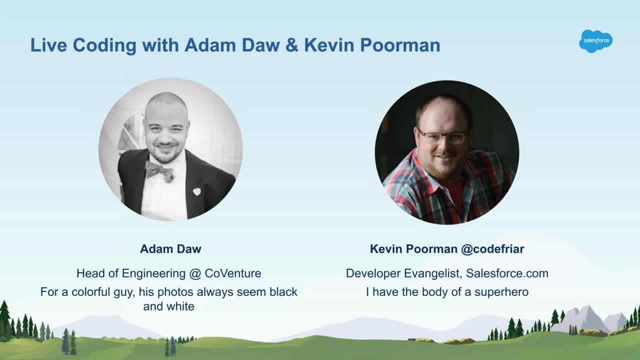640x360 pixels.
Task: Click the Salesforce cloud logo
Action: [595, 41]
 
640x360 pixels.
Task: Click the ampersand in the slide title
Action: [291, 45]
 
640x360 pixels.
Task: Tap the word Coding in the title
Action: [104, 45]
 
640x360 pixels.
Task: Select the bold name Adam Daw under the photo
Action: [170, 249]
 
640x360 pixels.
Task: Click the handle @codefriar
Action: [492, 249]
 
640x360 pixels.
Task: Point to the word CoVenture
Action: [233, 273]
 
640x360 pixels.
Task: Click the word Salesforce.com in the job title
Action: [507, 273]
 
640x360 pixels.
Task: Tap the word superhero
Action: [501, 292]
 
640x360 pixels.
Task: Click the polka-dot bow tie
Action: [159, 171]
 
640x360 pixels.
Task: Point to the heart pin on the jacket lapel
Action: [196, 191]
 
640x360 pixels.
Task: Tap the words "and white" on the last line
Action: [168, 306]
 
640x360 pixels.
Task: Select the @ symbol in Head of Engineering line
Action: [195, 273]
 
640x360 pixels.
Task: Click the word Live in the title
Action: [48, 45]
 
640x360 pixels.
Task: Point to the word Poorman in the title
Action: [400, 45]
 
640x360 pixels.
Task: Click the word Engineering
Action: [153, 274]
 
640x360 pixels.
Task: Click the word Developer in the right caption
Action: [373, 274]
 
